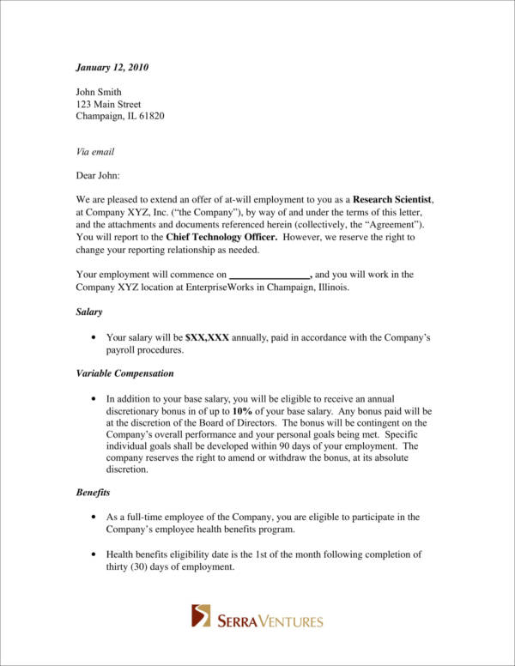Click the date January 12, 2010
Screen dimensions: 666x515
tap(112, 67)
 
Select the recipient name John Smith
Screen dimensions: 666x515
tap(100, 92)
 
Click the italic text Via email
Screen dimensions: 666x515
tap(95, 152)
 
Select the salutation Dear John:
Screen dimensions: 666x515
tap(100, 176)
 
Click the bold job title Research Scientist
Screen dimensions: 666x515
tap(393, 200)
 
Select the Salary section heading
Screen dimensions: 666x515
tap(89, 312)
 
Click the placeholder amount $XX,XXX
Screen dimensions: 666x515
tap(207, 338)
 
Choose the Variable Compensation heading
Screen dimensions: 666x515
tap(124, 373)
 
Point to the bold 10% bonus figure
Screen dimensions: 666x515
tap(242, 411)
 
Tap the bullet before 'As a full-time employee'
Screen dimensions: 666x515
tap(93, 518)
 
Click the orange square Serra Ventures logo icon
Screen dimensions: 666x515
tap(201, 615)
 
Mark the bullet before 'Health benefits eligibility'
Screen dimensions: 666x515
tap(93, 555)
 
